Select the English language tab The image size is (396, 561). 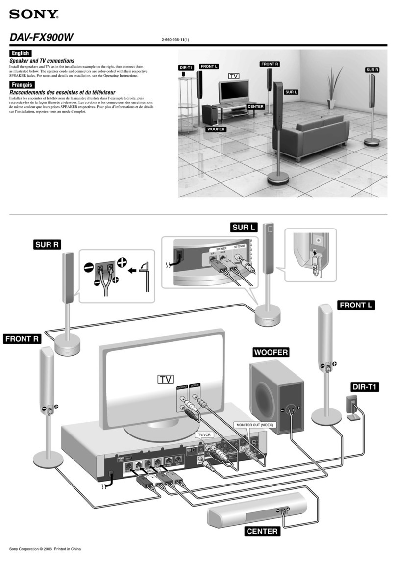21,53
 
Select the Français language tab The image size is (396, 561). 22,84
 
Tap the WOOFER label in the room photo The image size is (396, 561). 216,129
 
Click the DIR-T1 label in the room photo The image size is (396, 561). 186,67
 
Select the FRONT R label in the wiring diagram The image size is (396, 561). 22,339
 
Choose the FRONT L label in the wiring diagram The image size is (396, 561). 356,305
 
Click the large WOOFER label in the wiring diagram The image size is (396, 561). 271,353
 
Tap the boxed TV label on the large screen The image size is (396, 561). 166,379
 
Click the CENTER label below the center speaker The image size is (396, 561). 262,531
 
